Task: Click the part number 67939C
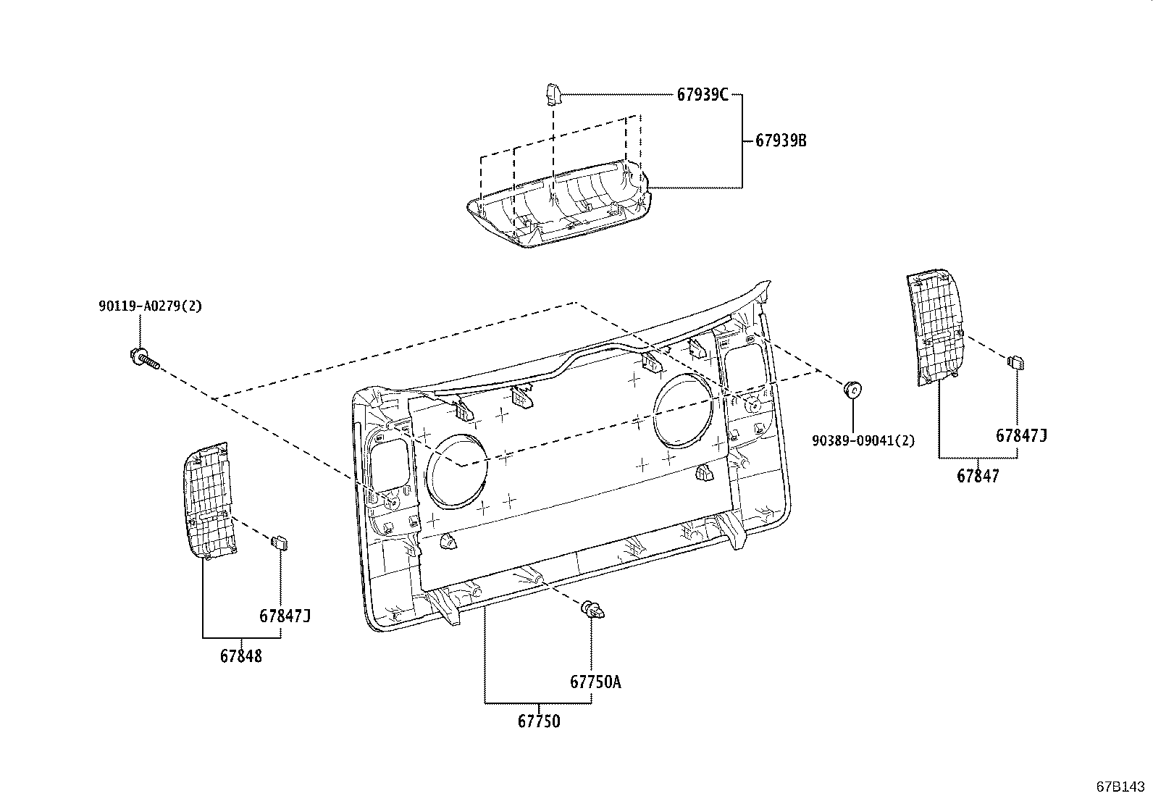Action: point(702,94)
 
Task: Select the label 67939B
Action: point(781,141)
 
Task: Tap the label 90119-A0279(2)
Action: point(150,306)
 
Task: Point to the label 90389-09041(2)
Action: point(863,440)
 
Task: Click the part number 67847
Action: point(977,476)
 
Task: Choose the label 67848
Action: point(241,656)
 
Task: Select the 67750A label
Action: point(595,682)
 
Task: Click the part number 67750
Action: point(538,721)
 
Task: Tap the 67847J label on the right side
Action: point(1021,435)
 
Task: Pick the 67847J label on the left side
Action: point(285,616)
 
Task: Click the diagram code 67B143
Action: point(1121,787)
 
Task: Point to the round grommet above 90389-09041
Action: point(853,390)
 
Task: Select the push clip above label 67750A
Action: point(592,611)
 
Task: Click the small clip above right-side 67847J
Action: point(1015,362)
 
